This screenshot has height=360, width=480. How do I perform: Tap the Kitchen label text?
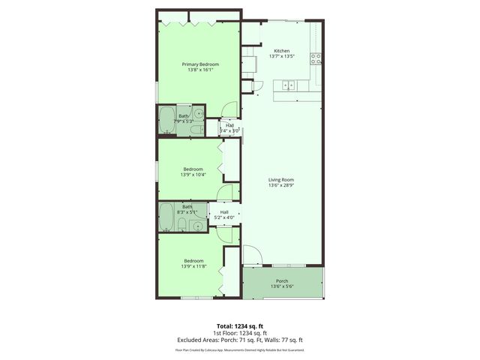(281, 51)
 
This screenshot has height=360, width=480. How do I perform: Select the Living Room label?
(281, 180)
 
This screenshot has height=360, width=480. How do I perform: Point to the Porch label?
(282, 281)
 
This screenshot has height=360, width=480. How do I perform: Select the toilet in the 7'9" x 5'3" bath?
(196, 130)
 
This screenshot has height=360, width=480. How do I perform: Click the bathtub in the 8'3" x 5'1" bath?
(167, 218)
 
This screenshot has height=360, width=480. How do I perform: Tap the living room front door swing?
(253, 257)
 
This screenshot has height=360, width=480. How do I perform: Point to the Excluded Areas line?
(240, 340)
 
